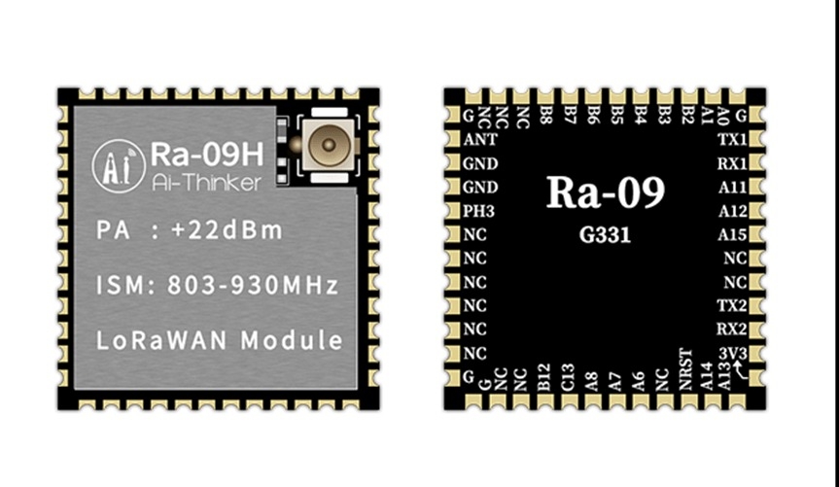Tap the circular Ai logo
(x=119, y=166)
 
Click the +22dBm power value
(x=228, y=230)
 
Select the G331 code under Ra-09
(x=605, y=235)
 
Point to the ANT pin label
(x=480, y=139)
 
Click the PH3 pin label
(x=480, y=211)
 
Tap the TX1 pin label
(x=732, y=139)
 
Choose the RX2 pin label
(x=732, y=329)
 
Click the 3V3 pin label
(x=732, y=353)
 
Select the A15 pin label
(x=732, y=234)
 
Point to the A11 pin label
(x=732, y=187)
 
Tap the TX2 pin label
(x=732, y=305)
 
